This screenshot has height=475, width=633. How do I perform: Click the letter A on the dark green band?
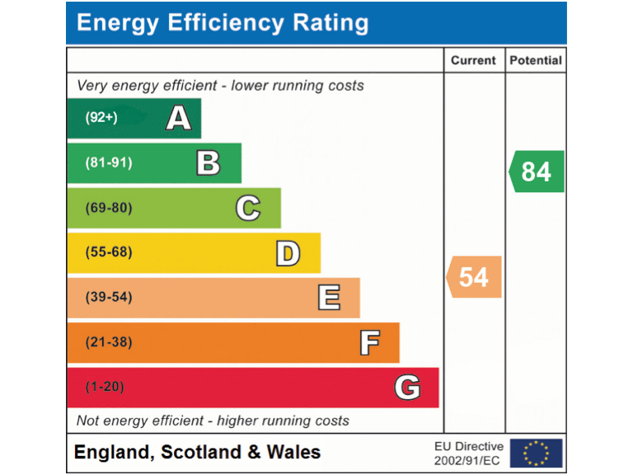click(179, 119)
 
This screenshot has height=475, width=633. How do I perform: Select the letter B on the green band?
click(209, 163)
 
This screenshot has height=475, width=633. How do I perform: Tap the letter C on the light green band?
click(248, 208)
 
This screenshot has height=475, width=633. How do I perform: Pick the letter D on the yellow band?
click(288, 253)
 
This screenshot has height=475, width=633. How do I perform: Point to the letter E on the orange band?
click(329, 298)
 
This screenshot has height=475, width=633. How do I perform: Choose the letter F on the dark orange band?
click(369, 342)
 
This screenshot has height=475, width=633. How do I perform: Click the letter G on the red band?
click(407, 387)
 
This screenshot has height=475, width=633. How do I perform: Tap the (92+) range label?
click(101, 118)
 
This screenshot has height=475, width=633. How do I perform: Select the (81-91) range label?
click(109, 163)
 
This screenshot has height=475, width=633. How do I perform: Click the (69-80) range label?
click(109, 208)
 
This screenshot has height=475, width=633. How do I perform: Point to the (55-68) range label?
click(109, 252)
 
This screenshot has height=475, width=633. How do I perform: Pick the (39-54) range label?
click(109, 297)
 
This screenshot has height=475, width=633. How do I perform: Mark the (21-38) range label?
click(109, 342)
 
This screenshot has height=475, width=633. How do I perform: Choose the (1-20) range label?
click(105, 387)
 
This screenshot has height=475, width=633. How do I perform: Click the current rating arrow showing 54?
click(474, 277)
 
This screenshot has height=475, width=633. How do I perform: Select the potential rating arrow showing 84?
click(537, 172)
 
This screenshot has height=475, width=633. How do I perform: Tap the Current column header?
click(474, 60)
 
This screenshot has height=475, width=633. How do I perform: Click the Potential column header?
click(536, 60)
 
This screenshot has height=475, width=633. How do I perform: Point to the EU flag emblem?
click(536, 453)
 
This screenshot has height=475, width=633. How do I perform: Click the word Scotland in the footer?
click(202, 452)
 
